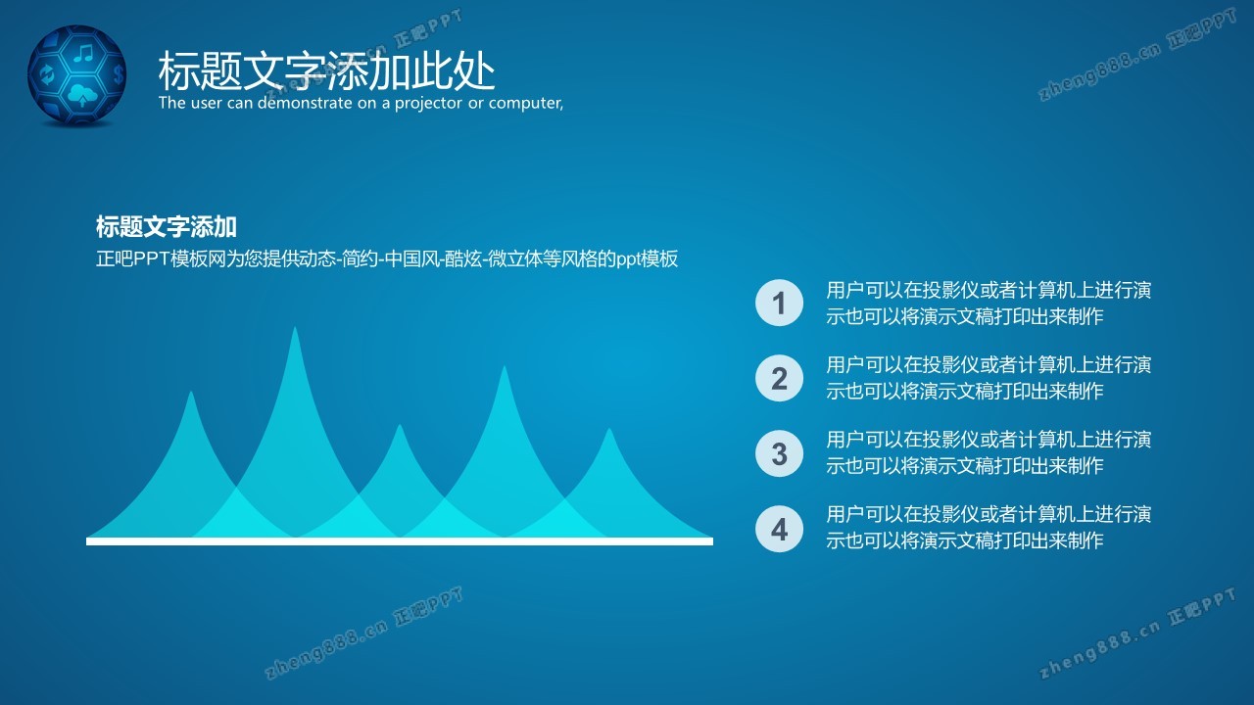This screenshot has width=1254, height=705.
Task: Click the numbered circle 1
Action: coord(779,303)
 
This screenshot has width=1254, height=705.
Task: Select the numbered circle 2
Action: coord(779,378)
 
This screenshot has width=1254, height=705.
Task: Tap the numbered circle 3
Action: coord(779,453)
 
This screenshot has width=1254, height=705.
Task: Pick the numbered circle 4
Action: coord(779,529)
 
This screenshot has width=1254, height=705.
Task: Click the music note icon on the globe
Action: coord(84,53)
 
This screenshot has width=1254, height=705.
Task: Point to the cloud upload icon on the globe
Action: coord(82,95)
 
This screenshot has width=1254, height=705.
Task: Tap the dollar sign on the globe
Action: coord(119,73)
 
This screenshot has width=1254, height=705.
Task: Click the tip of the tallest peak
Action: coord(295,327)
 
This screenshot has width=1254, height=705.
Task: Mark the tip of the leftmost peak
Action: coord(191,392)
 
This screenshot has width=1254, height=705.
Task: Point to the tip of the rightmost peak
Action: coord(609,429)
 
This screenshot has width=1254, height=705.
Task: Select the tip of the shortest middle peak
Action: coord(399,425)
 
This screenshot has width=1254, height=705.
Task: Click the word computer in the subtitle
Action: coord(526,104)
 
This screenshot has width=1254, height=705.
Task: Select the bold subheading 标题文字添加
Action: coord(166,226)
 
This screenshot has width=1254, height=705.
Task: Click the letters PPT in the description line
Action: coord(152,259)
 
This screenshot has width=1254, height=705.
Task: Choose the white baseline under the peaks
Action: coord(400,541)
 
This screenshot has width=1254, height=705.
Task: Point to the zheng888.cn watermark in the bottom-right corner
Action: coord(1137,633)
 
